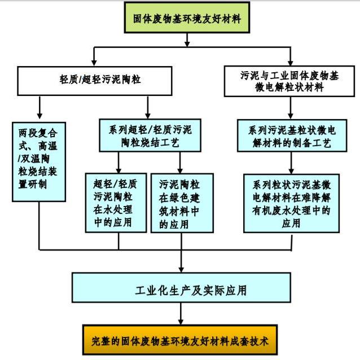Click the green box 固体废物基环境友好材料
180,19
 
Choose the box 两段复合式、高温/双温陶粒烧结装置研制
38,161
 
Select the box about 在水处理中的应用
117,202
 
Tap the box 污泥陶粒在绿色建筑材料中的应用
182,202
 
